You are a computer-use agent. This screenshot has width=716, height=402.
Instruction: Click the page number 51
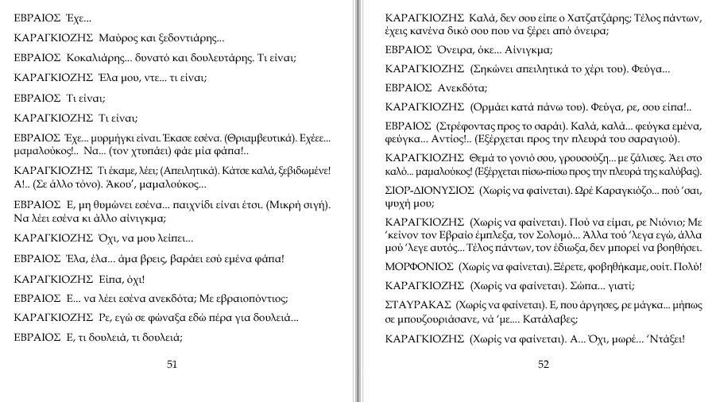(x=172, y=365)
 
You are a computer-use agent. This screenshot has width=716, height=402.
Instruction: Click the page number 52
(x=544, y=365)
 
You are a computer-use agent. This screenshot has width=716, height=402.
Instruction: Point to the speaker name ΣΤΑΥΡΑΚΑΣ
(x=418, y=305)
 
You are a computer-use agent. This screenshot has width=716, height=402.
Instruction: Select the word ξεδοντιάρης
(x=186, y=37)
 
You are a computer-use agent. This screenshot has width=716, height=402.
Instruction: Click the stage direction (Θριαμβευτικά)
(x=257, y=138)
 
